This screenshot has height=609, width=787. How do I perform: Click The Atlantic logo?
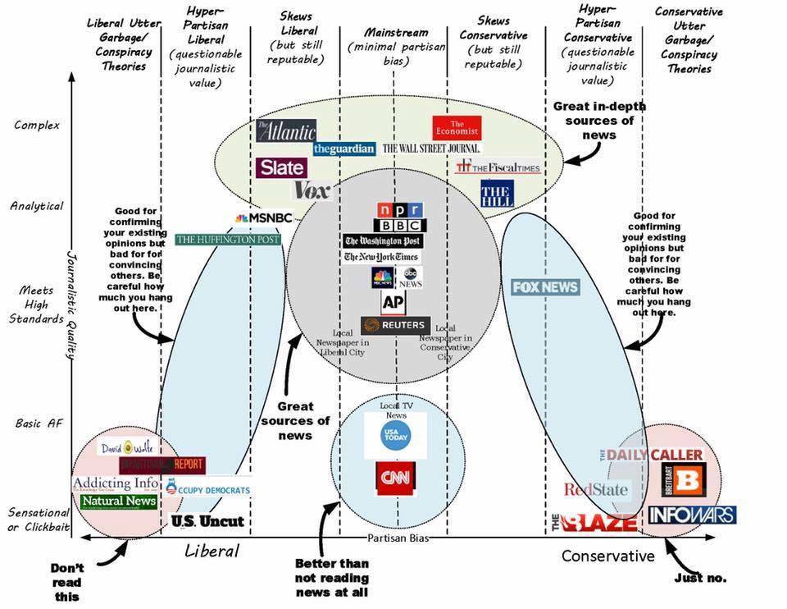point(285,130)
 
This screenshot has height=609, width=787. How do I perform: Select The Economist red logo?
point(457,127)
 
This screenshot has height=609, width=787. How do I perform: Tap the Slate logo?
point(281,167)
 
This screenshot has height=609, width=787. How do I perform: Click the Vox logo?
point(312,191)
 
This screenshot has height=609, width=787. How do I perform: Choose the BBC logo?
point(400,225)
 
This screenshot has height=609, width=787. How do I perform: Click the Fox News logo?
point(545,287)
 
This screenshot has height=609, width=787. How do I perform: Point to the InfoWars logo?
point(692,515)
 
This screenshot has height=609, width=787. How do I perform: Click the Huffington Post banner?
point(228,240)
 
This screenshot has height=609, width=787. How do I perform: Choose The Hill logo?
point(497,193)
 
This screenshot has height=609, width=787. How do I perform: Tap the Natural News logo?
point(119,501)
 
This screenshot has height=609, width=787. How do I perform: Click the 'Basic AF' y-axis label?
point(39,424)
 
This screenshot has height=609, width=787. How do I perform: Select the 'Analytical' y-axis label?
point(37,206)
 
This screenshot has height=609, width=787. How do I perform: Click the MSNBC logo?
point(263,217)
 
